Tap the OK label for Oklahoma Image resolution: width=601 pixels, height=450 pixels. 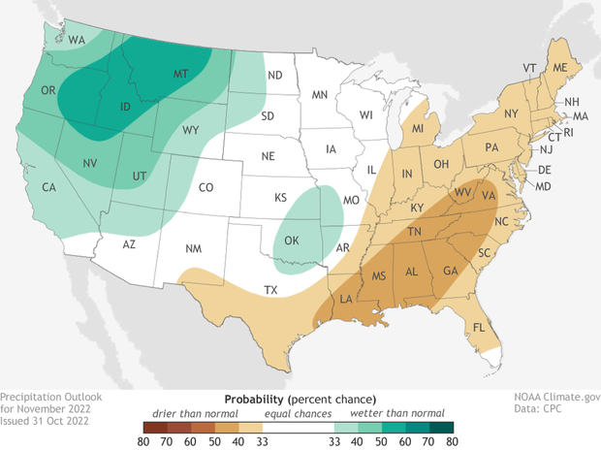tap(290, 238)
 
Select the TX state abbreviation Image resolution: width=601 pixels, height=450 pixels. tap(271, 290)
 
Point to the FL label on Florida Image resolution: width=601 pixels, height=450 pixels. tap(478, 327)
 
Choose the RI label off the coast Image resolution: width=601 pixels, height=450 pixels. tap(570, 131)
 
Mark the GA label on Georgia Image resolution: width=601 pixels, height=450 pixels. tap(450, 271)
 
